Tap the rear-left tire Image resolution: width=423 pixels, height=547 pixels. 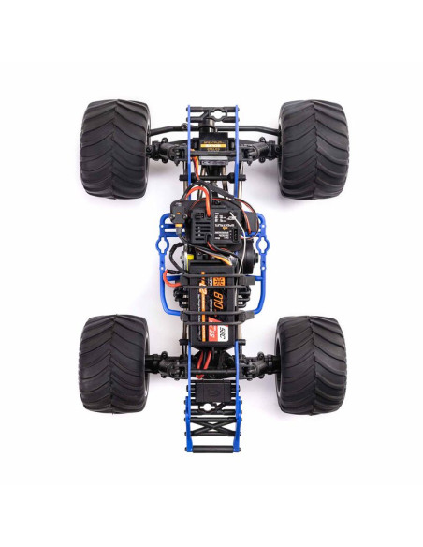112,363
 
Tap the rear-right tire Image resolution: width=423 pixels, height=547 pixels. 311,363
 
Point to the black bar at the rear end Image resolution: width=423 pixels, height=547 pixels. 213,451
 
